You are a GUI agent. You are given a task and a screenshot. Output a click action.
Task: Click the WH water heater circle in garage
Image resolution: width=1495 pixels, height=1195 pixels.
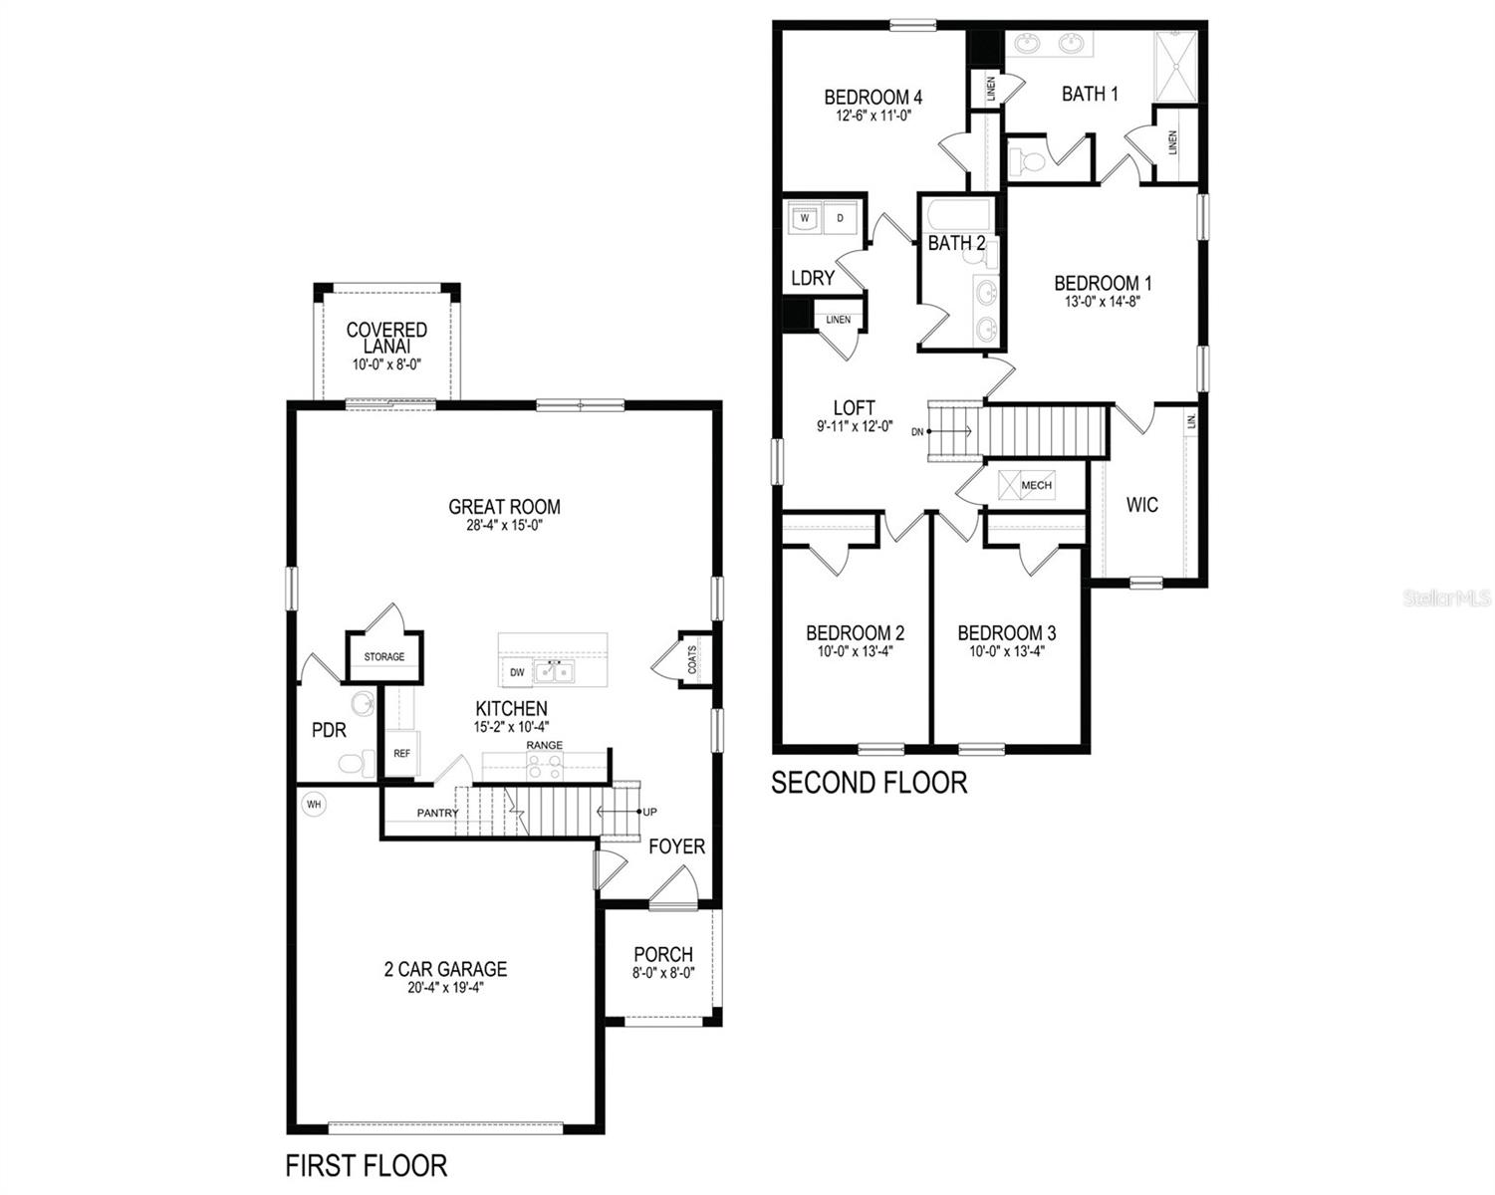314,804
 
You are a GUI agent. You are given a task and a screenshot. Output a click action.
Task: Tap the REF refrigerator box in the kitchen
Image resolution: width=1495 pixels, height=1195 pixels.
401,754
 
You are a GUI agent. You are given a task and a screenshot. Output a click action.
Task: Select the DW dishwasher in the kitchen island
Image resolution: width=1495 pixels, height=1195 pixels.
517,673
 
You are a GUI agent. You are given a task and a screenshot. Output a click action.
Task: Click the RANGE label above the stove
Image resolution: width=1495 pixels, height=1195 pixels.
544,745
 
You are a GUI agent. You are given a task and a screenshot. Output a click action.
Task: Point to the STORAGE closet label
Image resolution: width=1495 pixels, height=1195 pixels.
383,657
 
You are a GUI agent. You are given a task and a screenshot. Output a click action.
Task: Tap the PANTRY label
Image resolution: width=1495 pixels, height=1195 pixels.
437,814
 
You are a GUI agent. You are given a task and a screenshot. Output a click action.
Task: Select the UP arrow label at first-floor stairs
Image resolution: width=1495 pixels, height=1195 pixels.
649,813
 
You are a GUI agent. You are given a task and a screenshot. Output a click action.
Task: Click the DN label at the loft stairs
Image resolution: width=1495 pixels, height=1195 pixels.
916,431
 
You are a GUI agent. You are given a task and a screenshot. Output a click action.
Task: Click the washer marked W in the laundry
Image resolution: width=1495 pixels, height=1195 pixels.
805,218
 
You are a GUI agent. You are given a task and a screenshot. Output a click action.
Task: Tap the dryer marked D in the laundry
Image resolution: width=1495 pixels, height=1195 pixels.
840,218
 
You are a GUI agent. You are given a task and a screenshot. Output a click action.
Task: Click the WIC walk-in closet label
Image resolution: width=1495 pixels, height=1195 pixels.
1141,505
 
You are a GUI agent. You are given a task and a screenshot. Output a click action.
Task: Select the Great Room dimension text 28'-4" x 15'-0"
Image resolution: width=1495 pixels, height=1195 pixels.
504,525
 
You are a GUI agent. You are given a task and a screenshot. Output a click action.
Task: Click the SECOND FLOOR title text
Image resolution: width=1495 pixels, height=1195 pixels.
869,783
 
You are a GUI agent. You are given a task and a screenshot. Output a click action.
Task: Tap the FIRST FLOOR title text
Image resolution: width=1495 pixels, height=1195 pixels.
366,1164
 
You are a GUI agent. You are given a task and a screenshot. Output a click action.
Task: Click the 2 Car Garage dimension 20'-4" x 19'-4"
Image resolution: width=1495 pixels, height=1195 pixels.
445,988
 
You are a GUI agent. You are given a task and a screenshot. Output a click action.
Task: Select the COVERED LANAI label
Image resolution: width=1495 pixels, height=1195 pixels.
386,338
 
